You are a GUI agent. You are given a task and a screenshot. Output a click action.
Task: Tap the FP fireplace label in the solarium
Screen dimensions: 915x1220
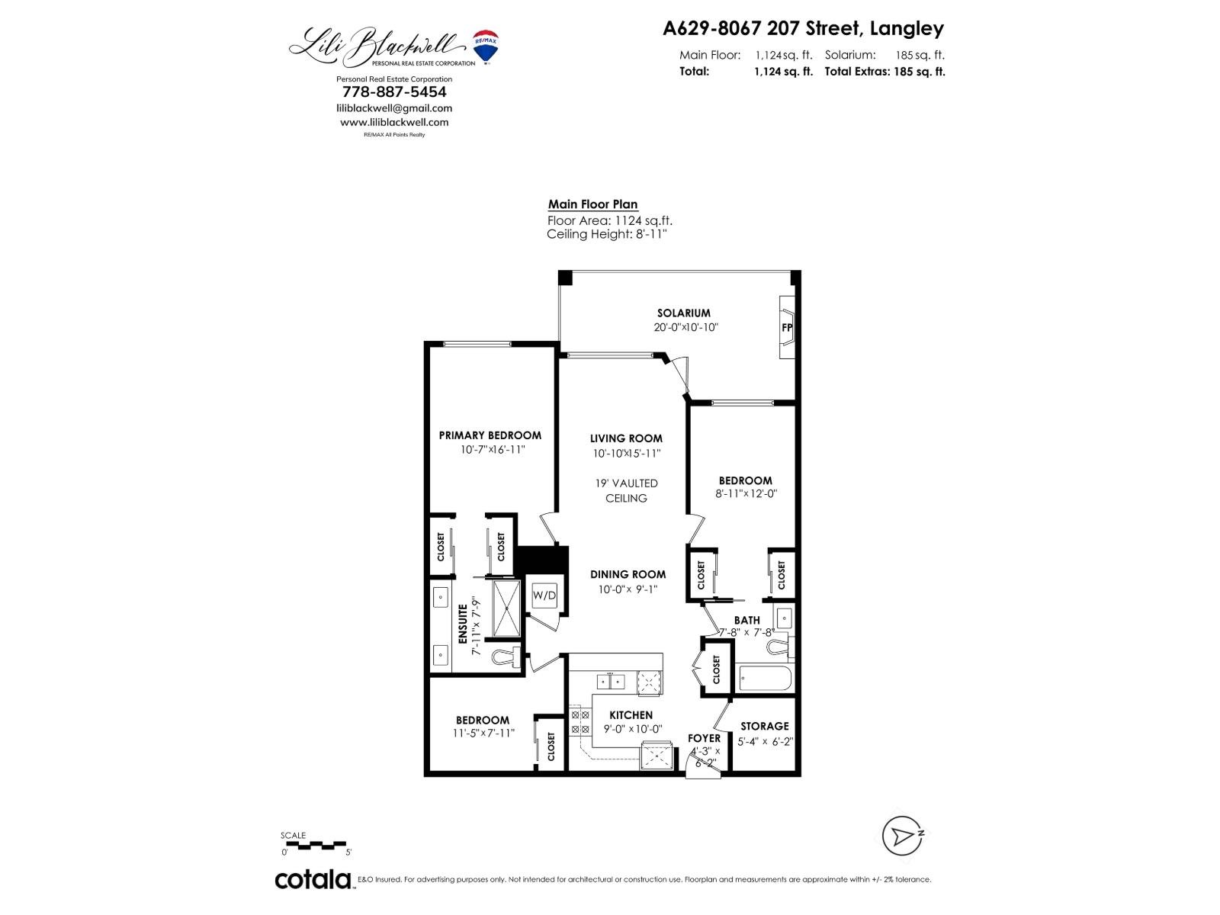[x=787, y=328]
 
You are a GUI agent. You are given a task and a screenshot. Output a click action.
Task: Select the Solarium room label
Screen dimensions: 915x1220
[x=684, y=313]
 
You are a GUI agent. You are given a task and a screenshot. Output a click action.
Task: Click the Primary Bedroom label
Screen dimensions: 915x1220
[x=490, y=435]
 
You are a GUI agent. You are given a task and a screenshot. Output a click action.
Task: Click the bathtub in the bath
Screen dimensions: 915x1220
[x=766, y=677]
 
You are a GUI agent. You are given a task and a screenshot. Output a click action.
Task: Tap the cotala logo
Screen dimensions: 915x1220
[x=313, y=879]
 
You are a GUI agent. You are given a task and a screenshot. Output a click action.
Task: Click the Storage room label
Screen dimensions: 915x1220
[x=765, y=726]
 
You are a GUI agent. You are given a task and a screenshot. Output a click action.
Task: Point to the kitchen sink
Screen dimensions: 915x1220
[x=610, y=681]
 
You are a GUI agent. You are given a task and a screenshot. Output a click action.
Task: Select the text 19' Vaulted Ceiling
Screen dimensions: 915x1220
[x=626, y=490]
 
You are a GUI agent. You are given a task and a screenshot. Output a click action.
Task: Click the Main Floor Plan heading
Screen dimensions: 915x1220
[x=592, y=204]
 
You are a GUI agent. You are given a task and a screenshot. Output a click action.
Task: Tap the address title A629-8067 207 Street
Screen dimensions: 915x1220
[x=803, y=29]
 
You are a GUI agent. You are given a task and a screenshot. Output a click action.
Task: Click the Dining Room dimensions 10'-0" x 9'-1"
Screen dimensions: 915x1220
[x=628, y=589]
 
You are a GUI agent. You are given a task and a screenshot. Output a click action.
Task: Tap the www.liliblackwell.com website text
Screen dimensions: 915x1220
[x=394, y=122]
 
